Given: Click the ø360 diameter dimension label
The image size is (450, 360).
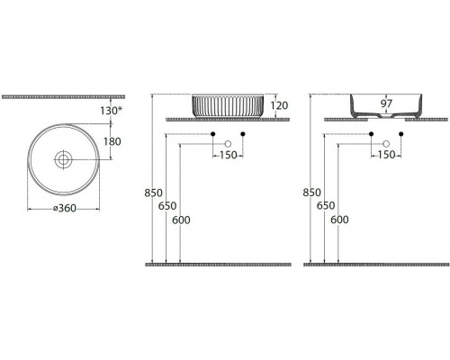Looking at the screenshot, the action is point(65,208).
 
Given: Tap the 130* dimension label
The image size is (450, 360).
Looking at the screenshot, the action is point(112,111).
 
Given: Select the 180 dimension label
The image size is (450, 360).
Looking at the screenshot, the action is point(112,141).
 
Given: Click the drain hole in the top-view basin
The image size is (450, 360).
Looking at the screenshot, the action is point(63,159).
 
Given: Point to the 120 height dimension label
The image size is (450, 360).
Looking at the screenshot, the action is point(279,105).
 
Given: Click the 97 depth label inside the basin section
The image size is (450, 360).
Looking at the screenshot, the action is point(386,103).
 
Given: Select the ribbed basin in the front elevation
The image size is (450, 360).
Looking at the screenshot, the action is point(228,106).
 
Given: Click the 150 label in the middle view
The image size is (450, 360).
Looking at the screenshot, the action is point(229,156).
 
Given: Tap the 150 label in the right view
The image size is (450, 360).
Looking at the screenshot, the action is point(386,155).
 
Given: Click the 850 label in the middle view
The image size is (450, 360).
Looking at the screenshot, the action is point(153,193).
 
